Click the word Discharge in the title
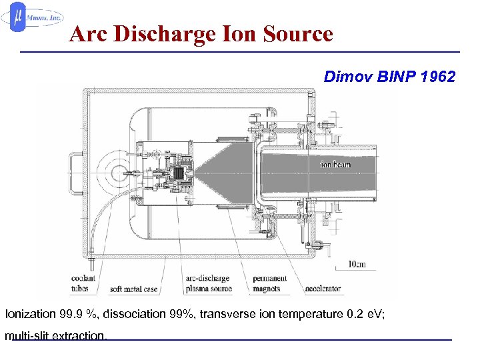(163, 33)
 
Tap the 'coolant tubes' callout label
(84, 283)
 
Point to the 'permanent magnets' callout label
(270, 283)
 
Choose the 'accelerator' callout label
(323, 289)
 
